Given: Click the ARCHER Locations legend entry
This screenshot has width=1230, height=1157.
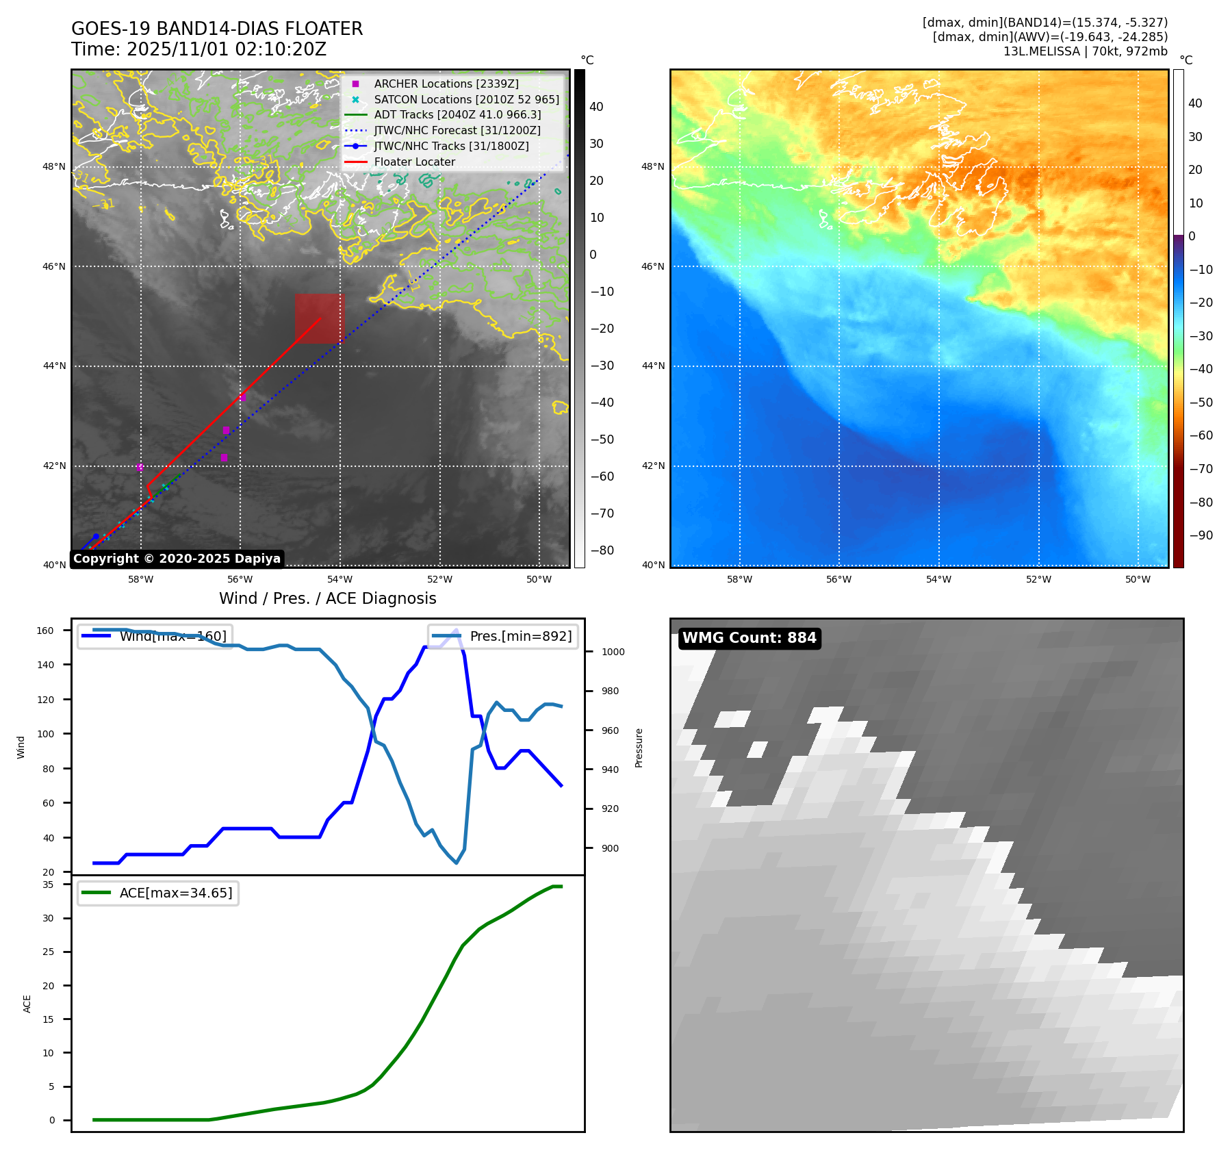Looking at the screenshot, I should coord(446,84).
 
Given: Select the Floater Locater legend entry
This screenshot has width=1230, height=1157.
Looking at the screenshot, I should coord(414,162).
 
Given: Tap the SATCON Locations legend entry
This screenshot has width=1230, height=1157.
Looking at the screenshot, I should coord(466,99).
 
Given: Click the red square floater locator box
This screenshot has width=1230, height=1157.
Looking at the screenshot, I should coord(320,318).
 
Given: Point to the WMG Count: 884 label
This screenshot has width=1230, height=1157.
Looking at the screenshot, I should coord(749,638).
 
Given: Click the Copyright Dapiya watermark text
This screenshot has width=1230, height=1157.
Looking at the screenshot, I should coord(177,559).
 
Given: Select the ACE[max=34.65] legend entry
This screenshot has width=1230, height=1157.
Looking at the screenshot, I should coord(175,893).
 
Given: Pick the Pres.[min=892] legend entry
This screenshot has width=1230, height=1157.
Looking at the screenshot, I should coord(520,636).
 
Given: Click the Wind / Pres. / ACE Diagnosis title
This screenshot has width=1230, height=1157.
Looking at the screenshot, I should coord(327,598).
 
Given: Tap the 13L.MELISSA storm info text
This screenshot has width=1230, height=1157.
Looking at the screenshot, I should coord(1085,51).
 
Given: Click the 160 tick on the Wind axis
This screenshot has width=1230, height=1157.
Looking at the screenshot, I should coord(45,631).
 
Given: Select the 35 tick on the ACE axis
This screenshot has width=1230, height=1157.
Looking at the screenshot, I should coord(48,885).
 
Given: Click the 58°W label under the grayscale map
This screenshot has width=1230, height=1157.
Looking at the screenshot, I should coord(140,579).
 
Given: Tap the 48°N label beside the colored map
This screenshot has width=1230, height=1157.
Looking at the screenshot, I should coord(652,166).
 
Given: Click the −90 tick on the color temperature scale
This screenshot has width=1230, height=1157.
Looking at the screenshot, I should coord(1201,535).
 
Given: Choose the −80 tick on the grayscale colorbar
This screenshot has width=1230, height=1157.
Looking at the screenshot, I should coord(602,550).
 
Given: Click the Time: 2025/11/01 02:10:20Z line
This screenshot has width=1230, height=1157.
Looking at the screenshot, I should coord(198,50).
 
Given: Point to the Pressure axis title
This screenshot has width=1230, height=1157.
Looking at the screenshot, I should coord(639,748).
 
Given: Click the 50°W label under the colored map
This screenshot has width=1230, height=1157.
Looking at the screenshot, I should coord(1138,579).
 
